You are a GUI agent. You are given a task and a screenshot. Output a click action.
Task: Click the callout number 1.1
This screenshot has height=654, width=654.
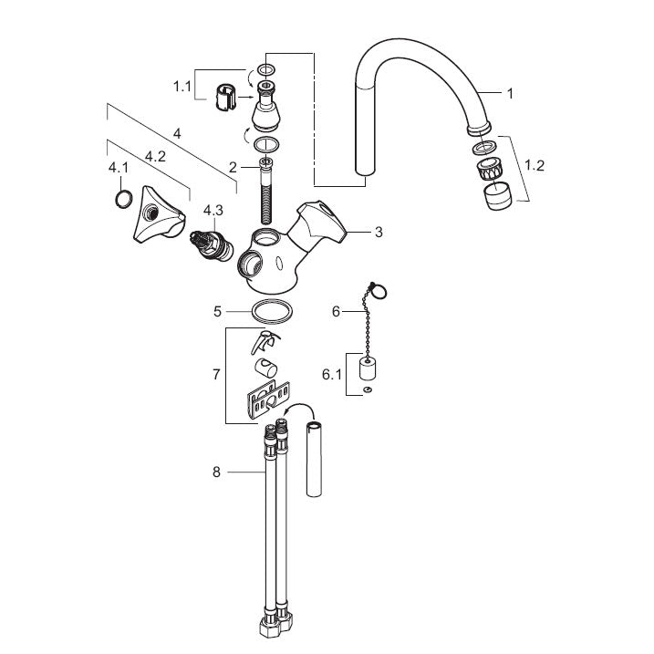point(182,87)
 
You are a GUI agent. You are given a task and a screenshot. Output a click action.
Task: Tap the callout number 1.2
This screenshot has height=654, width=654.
point(535,166)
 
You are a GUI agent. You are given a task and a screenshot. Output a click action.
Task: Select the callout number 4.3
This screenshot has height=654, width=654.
point(213,211)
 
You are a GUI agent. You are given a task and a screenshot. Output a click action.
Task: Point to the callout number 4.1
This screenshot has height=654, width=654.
point(119,168)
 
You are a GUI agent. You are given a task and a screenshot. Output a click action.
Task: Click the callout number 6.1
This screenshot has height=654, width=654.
point(332,375)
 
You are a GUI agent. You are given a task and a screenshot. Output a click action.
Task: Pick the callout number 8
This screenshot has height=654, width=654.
point(216,472)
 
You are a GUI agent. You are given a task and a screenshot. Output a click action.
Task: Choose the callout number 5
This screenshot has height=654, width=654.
point(217,311)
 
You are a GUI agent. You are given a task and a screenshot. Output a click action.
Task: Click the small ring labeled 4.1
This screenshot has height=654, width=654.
point(123,199)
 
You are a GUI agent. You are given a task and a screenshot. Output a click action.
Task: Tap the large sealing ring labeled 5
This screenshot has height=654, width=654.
point(272,312)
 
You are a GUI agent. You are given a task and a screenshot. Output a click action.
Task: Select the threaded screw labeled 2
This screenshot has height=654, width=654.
point(265,192)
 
